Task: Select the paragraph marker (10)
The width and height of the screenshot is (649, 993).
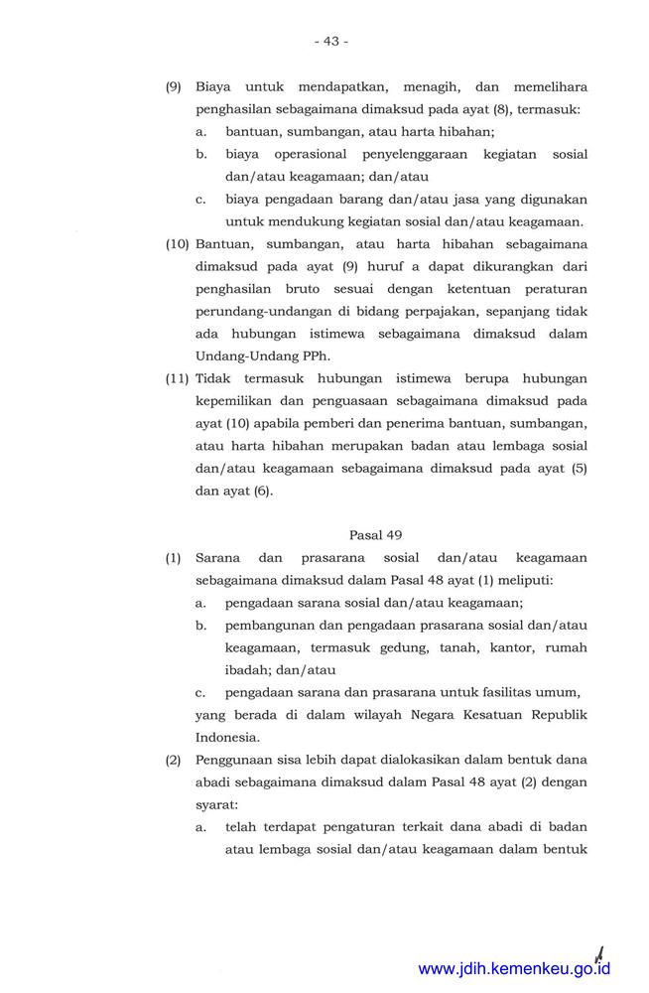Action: (x=177, y=243)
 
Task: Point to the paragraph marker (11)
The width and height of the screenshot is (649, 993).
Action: (x=177, y=378)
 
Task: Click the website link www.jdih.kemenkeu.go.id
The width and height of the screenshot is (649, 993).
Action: (x=514, y=968)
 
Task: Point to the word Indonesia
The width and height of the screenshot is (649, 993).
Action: (x=227, y=737)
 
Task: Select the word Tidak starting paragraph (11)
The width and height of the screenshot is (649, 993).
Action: (x=212, y=378)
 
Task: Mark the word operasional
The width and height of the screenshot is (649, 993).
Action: (x=304, y=154)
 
